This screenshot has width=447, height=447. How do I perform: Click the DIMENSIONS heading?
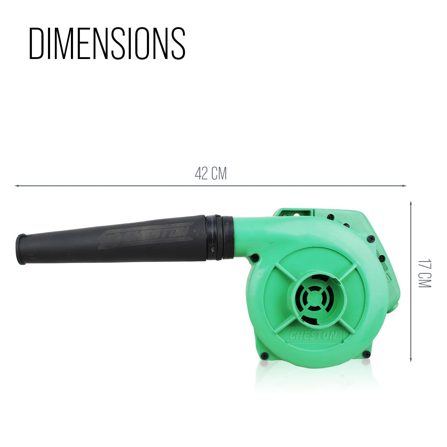tap(107, 44)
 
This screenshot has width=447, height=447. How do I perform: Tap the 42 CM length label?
tap(211, 173)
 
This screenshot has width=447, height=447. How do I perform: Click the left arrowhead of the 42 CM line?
tap(16, 186)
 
